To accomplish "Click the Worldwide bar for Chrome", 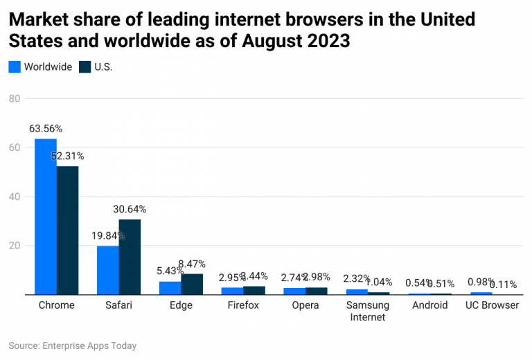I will pyautogui.click(x=46, y=217).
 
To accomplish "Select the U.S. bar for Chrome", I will pyautogui.click(x=68, y=231).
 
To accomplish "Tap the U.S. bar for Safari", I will pyautogui.click(x=130, y=257).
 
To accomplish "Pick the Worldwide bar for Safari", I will pyautogui.click(x=107, y=270).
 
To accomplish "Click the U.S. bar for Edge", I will pyautogui.click(x=192, y=285).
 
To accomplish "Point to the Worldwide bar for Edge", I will pyautogui.click(x=170, y=288).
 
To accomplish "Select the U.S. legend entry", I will pyautogui.click(x=95, y=67).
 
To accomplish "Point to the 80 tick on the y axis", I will pyautogui.click(x=14, y=98).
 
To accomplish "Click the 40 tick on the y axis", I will pyautogui.click(x=14, y=197).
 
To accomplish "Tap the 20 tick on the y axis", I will pyautogui.click(x=14, y=246).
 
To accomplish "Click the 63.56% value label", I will pyautogui.click(x=46, y=129).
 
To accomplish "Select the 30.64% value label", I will pyautogui.click(x=130, y=209).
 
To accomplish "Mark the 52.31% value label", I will pyautogui.click(x=67, y=156).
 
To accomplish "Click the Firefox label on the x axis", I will pyautogui.click(x=244, y=305).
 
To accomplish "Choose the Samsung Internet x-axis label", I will pyautogui.click(x=368, y=311).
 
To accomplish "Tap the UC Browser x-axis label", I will pyautogui.click(x=493, y=305).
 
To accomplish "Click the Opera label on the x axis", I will pyautogui.click(x=305, y=305).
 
